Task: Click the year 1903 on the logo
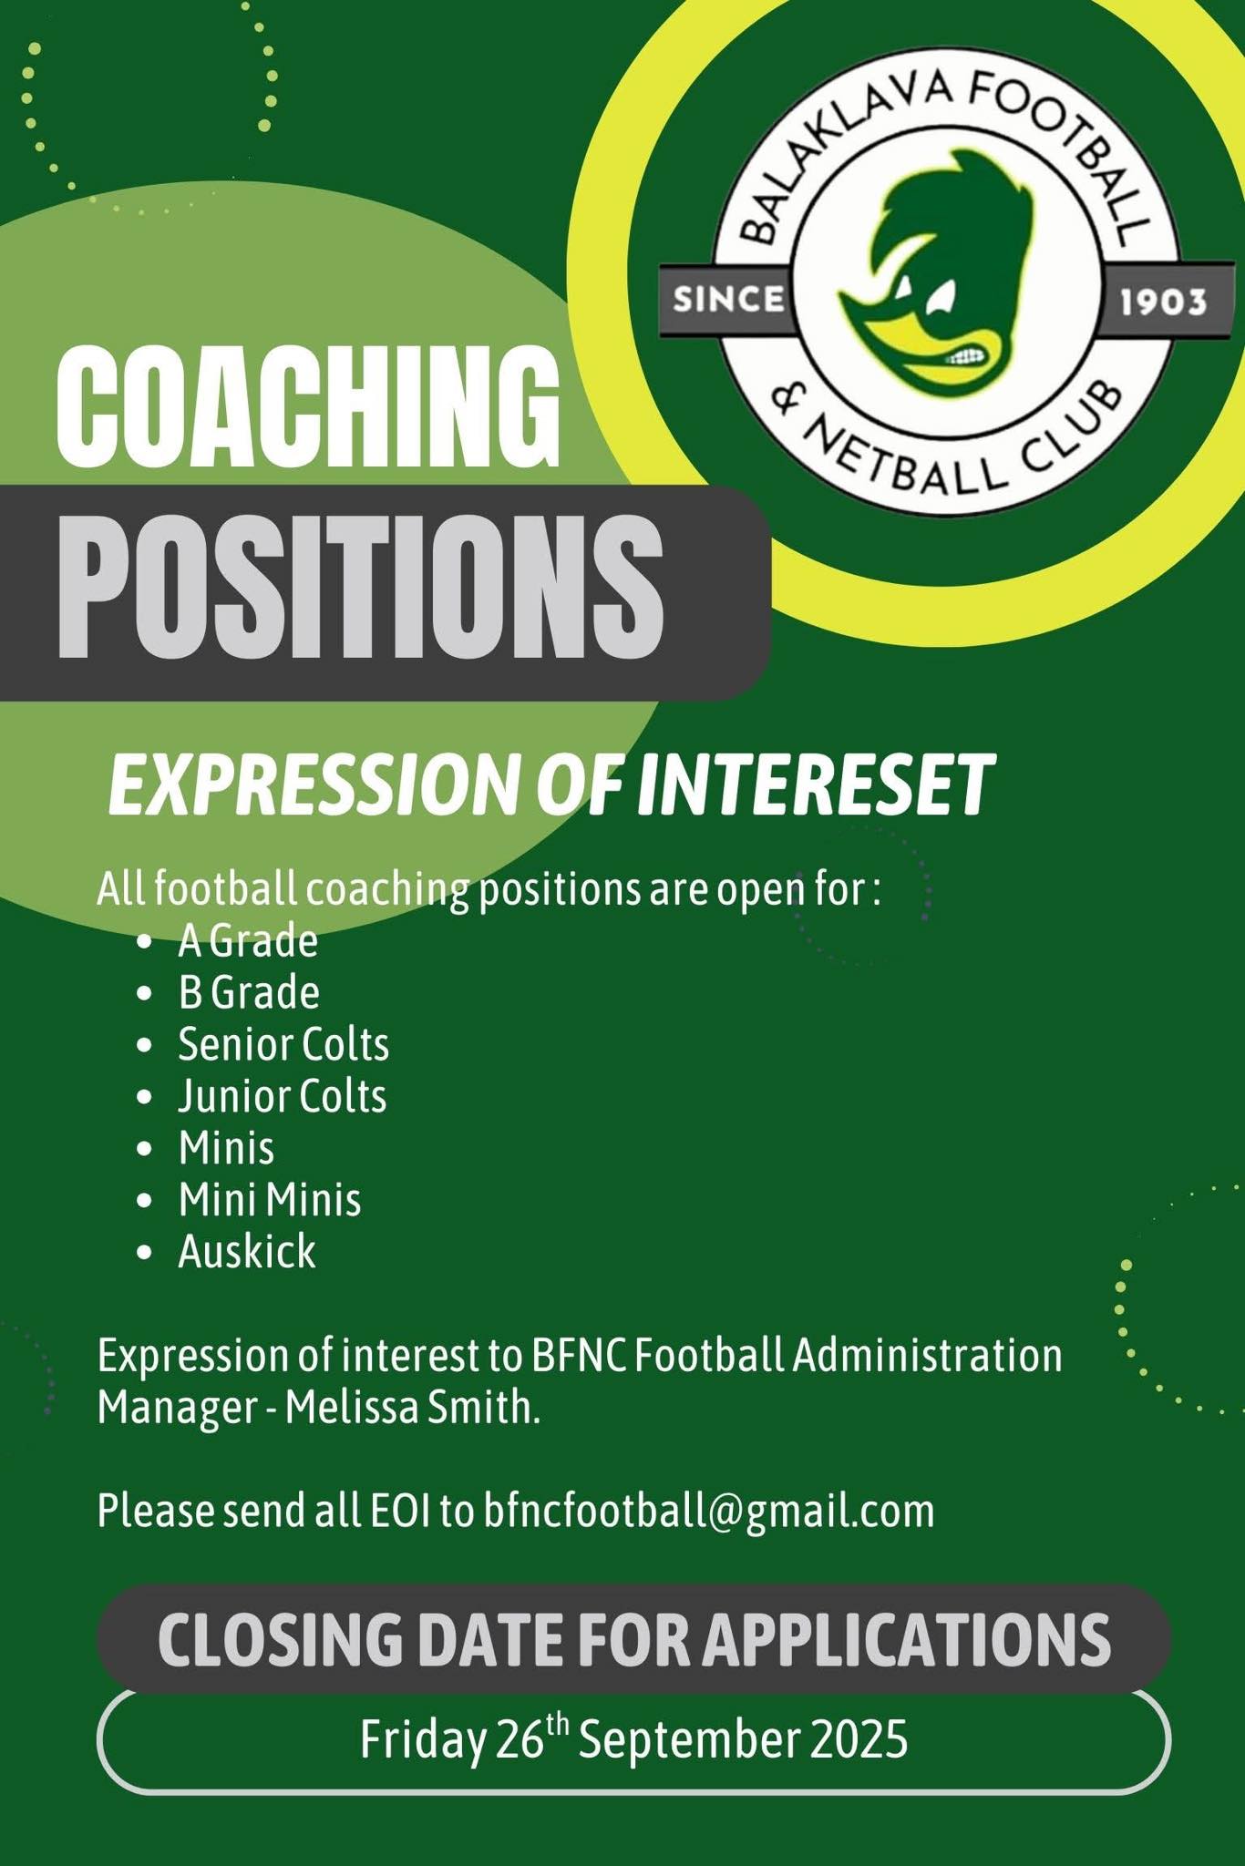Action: (x=1163, y=302)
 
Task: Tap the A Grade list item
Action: (x=248, y=942)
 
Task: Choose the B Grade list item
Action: (x=249, y=993)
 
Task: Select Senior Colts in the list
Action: (x=283, y=1045)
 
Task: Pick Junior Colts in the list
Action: (x=283, y=1096)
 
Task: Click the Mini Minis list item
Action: (x=270, y=1200)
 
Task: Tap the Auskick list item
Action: (x=247, y=1251)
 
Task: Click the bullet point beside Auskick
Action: (x=143, y=1253)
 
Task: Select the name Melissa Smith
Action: (x=413, y=1408)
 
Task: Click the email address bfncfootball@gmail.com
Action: (x=709, y=1512)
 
